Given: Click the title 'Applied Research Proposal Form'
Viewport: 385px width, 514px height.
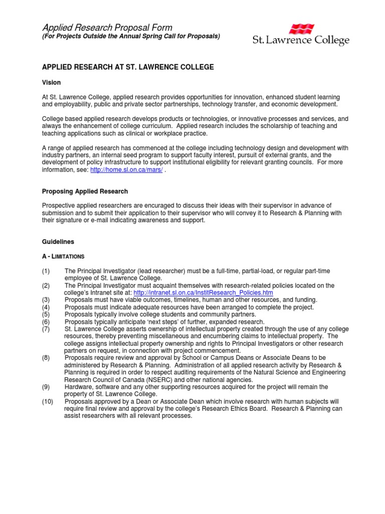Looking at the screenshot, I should pyautogui.click(x=107, y=28).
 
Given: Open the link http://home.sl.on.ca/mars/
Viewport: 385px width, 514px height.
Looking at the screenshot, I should pyautogui.click(x=126, y=170).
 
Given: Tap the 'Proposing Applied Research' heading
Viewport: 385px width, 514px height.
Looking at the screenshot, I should pyautogui.click(x=85, y=191).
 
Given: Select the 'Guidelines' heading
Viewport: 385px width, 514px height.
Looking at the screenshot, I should pyautogui.click(x=58, y=241).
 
